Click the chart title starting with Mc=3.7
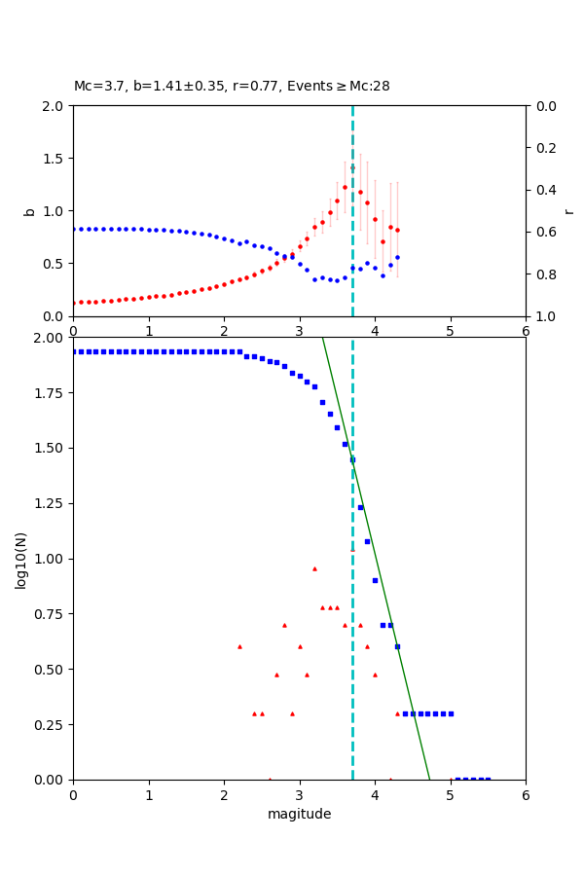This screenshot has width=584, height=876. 232,87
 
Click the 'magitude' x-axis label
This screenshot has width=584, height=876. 299,815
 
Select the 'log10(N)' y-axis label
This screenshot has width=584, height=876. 20,560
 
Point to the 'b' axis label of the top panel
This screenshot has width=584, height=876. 29,211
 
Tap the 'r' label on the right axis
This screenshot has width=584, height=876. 568,211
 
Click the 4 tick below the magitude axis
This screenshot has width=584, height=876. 375,794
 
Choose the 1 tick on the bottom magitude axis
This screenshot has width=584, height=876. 149,794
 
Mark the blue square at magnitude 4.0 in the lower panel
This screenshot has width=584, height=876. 375,580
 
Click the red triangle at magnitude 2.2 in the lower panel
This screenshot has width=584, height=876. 239,646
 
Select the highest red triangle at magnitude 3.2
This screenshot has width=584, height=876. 314,568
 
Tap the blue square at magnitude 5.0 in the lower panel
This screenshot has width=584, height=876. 451,713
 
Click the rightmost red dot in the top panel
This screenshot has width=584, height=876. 397,231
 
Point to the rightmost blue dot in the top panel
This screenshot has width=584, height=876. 397,257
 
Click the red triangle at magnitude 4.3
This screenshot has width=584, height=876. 397,713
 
